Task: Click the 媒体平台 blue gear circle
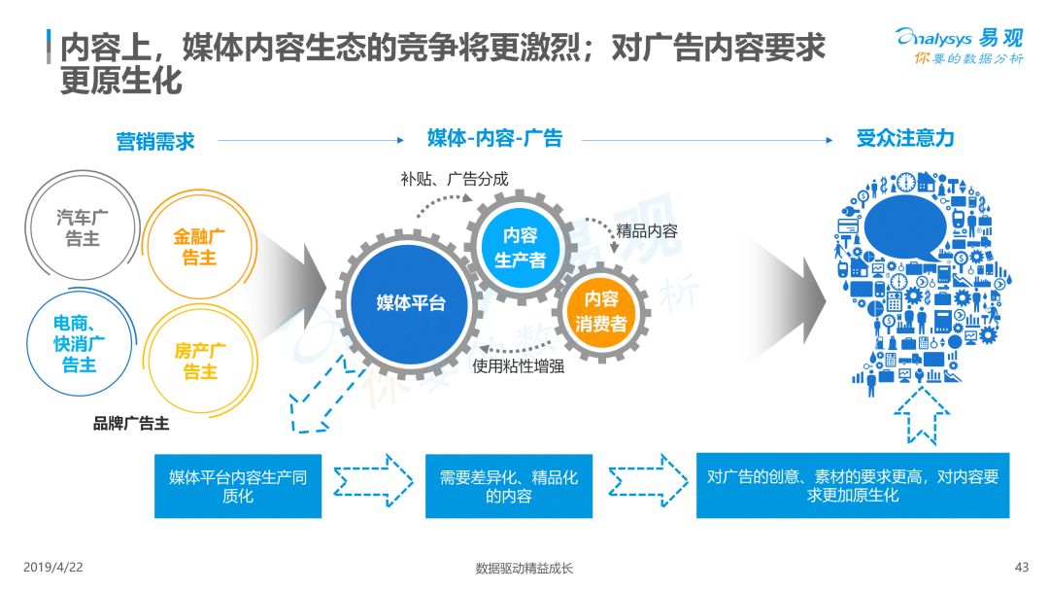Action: coord(410,303)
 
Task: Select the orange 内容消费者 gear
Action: coord(601,311)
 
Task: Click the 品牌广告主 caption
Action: coord(131,423)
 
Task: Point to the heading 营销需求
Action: coord(155,141)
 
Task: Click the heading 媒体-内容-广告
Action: coord(494,138)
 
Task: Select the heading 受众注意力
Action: coord(905,138)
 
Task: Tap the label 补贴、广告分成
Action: coord(455,179)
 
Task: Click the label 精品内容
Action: coord(647,231)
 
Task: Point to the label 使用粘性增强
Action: coord(519,366)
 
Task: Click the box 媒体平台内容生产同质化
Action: coord(238,486)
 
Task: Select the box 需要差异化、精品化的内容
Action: coord(509,486)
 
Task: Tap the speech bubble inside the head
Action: coord(905,227)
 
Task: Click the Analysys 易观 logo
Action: coord(960,46)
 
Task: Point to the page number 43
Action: coord(1022,568)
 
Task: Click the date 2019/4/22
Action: coord(53,568)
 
